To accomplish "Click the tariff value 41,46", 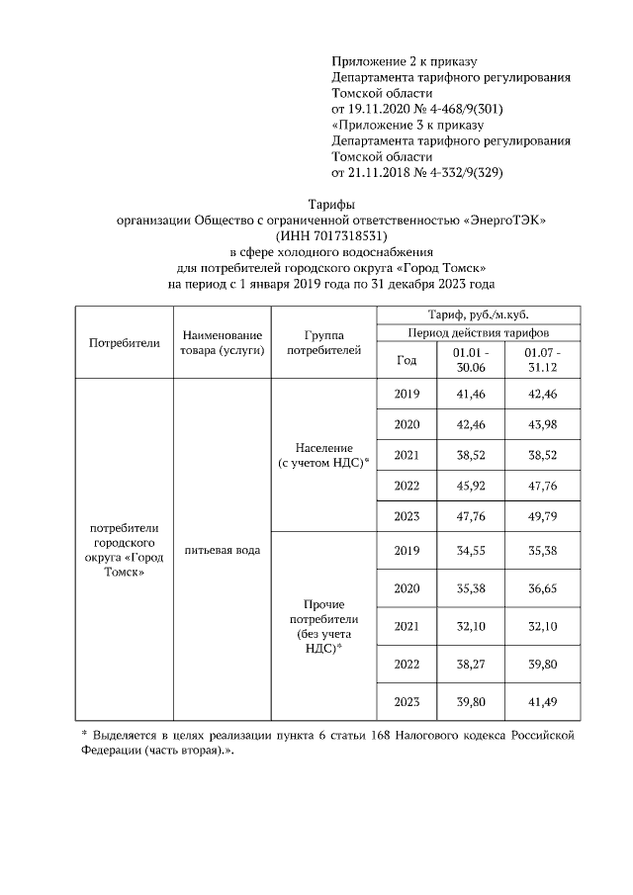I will click(468, 394).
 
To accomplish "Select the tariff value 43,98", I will click(542, 424).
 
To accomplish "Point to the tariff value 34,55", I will click(468, 550).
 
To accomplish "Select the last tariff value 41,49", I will click(542, 702).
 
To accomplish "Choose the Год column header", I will click(406, 359).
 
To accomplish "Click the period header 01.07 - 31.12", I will click(542, 359).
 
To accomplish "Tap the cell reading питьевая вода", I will click(222, 549).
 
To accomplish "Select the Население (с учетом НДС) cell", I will click(325, 455).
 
